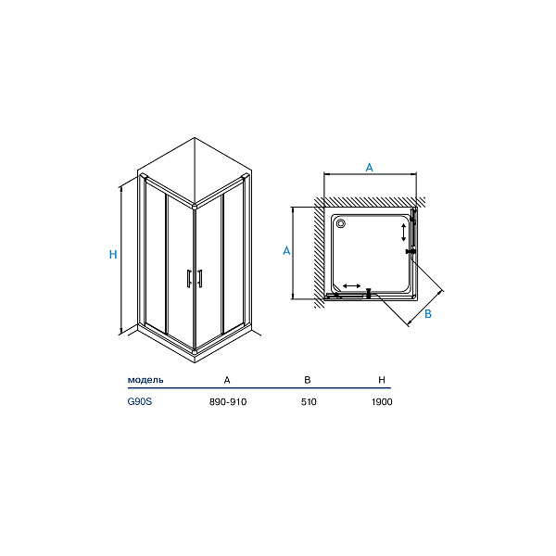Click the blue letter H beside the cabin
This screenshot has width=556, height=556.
pyautogui.click(x=113, y=255)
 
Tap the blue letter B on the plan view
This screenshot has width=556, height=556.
pyautogui.click(x=428, y=314)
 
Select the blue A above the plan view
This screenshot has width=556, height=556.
pyautogui.click(x=370, y=168)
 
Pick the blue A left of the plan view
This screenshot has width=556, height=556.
pyautogui.click(x=286, y=251)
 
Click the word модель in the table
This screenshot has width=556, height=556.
pyautogui.click(x=145, y=380)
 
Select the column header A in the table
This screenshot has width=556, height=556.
pyautogui.click(x=227, y=380)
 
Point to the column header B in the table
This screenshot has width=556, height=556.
pyautogui.click(x=308, y=380)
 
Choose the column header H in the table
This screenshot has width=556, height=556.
pyautogui.click(x=382, y=380)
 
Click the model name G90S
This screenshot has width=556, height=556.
pyautogui.click(x=140, y=402)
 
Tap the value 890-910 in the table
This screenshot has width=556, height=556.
pyautogui.click(x=228, y=402)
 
